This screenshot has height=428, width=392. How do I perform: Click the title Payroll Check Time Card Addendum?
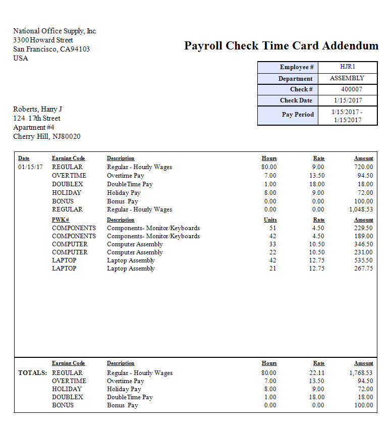(x=281, y=46)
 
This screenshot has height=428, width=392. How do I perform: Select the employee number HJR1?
(x=348, y=67)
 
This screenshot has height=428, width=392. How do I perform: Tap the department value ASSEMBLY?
(x=347, y=78)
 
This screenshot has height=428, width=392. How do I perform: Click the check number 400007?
(x=348, y=89)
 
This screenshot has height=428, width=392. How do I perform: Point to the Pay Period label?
(x=298, y=115)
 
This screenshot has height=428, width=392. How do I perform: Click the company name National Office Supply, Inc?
(x=54, y=31)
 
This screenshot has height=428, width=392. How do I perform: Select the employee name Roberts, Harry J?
(x=37, y=110)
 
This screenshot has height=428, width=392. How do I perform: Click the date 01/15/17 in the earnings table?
(x=30, y=167)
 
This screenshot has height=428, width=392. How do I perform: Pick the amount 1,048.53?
(x=361, y=209)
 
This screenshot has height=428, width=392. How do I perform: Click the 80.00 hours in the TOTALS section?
(x=269, y=373)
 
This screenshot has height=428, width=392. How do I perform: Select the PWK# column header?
(x=61, y=220)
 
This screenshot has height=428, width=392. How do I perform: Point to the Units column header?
(x=270, y=220)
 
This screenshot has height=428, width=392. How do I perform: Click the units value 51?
(x=272, y=228)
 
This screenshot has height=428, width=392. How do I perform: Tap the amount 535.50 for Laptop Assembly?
(x=363, y=260)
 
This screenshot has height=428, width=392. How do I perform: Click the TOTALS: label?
(x=33, y=373)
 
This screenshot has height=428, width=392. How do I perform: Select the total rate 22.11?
(x=317, y=373)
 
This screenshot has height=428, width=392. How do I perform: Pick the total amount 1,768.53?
(x=361, y=373)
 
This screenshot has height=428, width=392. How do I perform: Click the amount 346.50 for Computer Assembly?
(x=363, y=244)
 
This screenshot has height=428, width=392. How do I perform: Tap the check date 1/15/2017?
(x=348, y=100)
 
